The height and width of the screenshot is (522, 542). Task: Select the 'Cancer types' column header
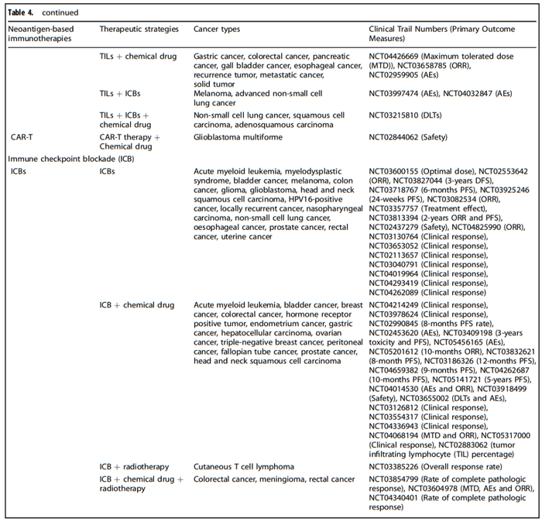216,29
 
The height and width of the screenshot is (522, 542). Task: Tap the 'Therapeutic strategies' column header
138,29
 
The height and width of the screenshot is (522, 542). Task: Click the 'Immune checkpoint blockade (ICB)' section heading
59,158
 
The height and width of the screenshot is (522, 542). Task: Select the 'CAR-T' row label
21,137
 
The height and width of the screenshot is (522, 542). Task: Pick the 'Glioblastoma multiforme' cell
237,137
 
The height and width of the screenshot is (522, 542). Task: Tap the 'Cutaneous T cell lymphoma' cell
244,467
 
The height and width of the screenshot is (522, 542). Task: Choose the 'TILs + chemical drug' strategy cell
138,57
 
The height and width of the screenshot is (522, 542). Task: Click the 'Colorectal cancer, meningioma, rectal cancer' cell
274,479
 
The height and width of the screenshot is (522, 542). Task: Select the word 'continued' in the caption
60,12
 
